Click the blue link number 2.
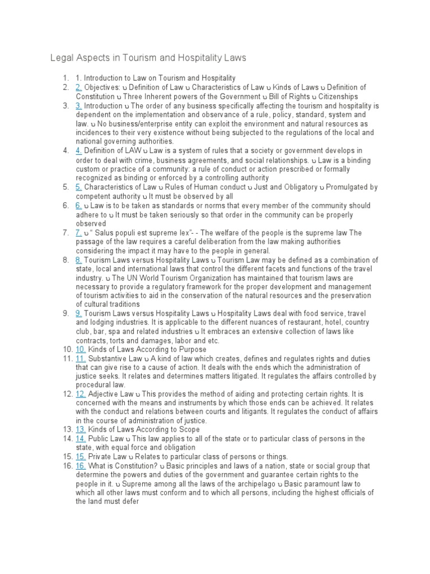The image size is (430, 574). coord(79,87)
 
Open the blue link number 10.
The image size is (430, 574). coord(81,349)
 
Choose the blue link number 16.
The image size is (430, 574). coord(81,466)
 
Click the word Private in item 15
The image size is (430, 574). coord(101,457)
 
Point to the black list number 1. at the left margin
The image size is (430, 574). coord(66,78)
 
